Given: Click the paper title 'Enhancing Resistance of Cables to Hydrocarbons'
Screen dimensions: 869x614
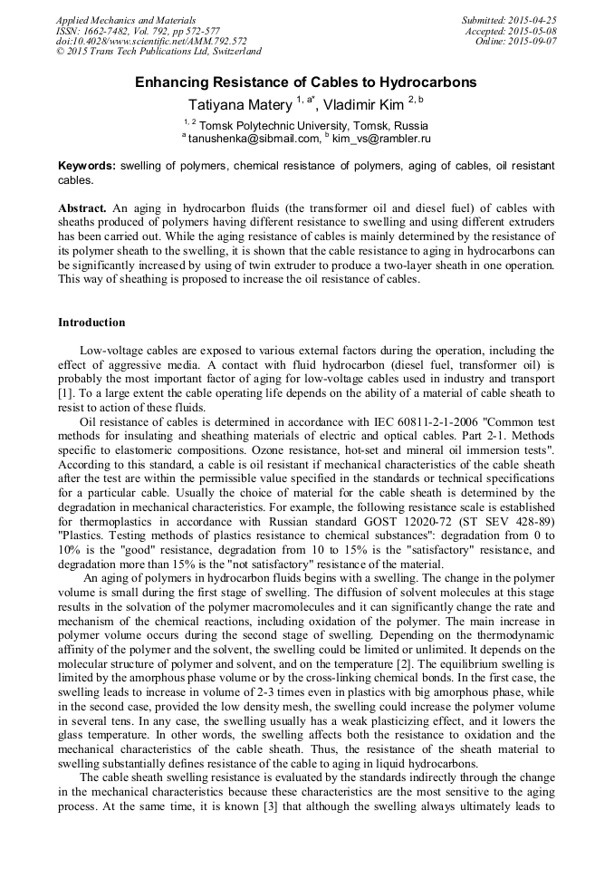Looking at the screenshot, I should pos(306,82).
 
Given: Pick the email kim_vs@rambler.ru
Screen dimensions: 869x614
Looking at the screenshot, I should pos(381,139).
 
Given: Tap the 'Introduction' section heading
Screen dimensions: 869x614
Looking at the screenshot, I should pos(91,322).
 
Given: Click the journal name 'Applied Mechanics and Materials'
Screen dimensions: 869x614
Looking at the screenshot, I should pos(125,20).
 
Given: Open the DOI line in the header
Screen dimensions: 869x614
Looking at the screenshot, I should pos(151,41).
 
